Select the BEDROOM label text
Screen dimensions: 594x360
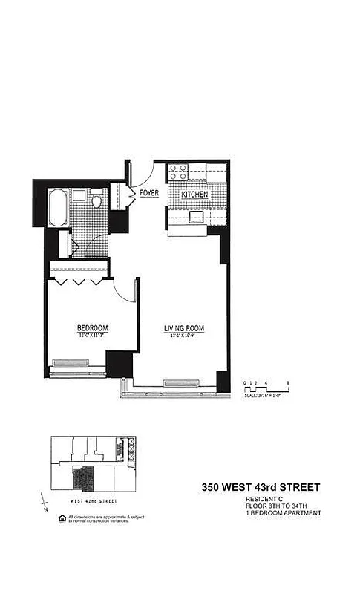(x=93, y=328)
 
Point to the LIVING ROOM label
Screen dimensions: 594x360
(x=184, y=328)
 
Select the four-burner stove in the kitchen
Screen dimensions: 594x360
(x=177, y=172)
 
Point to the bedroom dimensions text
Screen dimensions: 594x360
(x=93, y=336)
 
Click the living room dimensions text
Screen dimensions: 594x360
(x=184, y=336)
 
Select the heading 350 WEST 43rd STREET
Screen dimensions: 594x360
(x=261, y=488)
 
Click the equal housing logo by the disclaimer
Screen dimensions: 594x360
(x=62, y=517)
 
